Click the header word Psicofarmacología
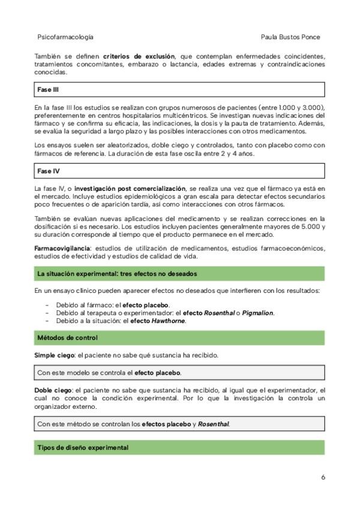pos(65,37)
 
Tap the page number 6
pos(323,477)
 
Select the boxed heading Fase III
pos(48,89)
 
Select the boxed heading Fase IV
pos(48,171)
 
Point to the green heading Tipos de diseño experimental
pos(83,448)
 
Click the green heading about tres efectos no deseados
pos(117,274)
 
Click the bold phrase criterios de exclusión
pos(139,56)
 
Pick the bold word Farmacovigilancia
pos(62,248)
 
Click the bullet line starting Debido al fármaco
pos(113,305)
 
